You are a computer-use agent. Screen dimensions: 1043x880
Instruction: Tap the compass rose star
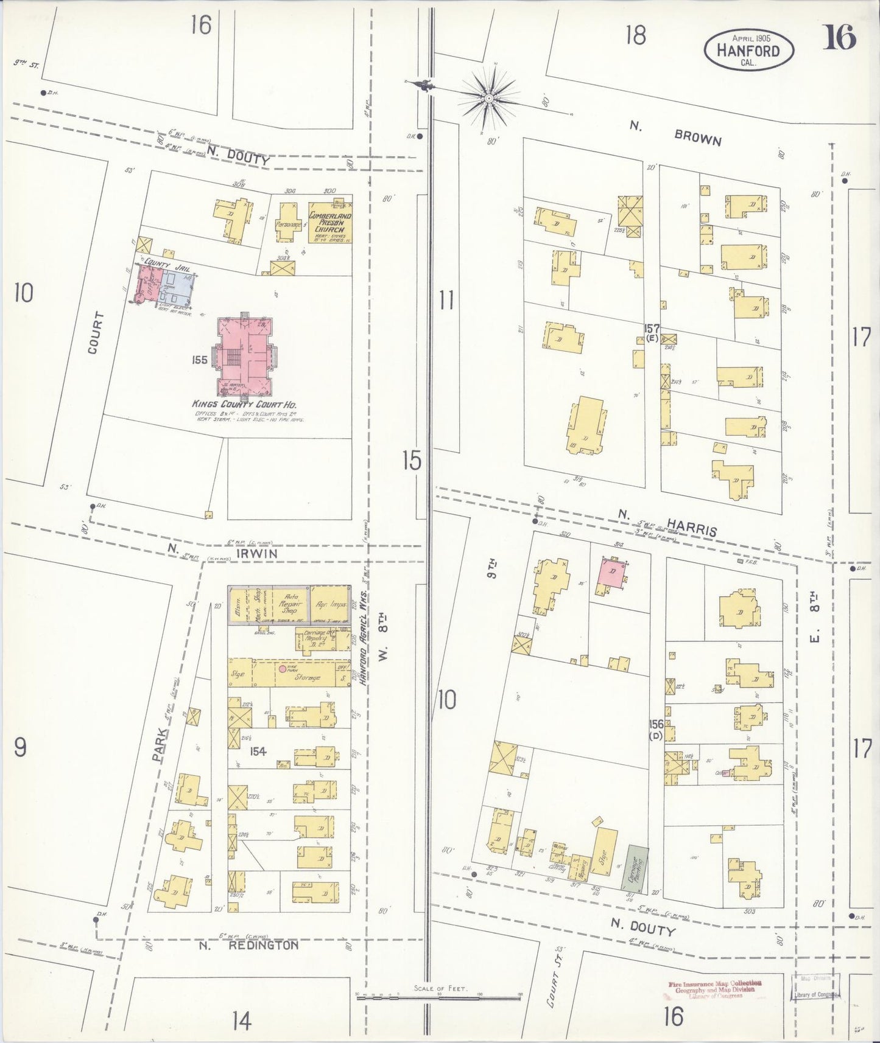pos(488,97)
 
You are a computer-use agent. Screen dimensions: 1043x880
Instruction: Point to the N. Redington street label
pos(249,945)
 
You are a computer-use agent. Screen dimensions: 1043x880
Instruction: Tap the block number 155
pos(200,360)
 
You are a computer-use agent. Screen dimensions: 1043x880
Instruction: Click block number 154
pos(258,752)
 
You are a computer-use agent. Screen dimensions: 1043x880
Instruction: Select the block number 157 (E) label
pos(652,333)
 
